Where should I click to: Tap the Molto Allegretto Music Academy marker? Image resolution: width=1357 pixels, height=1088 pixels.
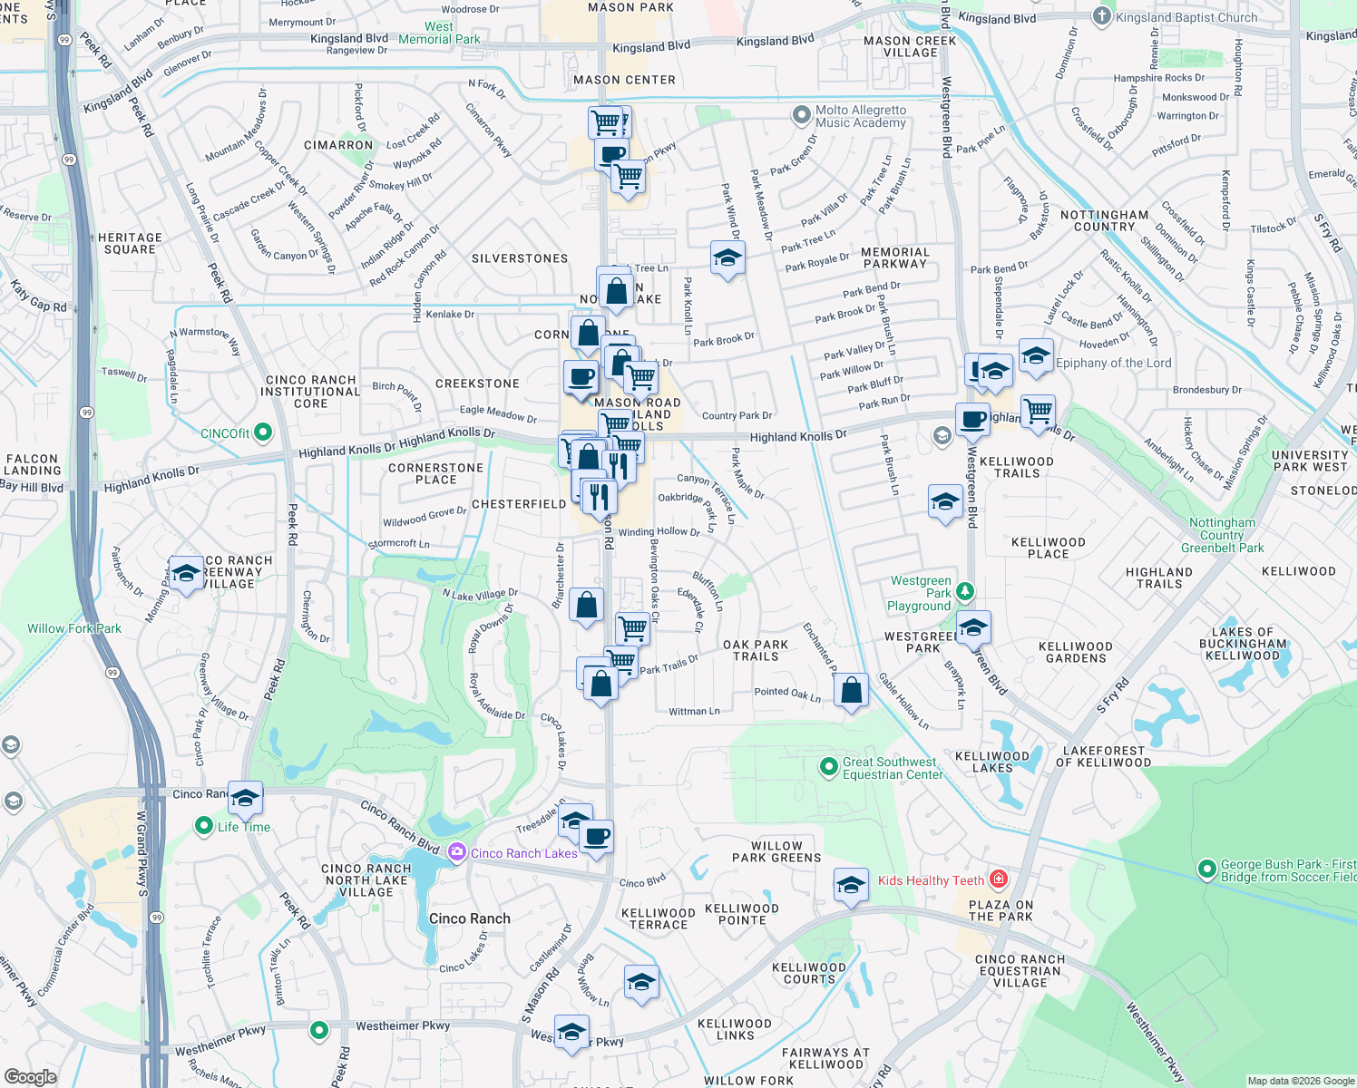coord(801,115)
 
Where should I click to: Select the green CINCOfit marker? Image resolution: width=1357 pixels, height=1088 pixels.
coord(263,432)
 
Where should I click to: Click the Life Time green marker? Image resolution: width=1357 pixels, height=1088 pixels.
coord(204,826)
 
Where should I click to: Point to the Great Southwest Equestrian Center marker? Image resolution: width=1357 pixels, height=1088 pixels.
coord(828,767)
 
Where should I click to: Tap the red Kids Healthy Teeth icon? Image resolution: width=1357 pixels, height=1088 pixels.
coord(999,879)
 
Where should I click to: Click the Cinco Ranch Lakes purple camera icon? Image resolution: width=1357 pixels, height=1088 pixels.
coord(457,851)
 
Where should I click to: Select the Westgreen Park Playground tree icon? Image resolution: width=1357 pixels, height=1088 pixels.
coord(965,592)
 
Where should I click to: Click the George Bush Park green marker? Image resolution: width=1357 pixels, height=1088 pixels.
coord(1206,869)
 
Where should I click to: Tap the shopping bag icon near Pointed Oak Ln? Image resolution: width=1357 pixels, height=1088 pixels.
coord(851,691)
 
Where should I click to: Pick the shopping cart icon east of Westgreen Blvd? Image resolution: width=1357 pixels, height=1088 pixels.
coord(1038,411)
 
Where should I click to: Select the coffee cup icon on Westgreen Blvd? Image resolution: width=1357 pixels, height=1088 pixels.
coord(972,419)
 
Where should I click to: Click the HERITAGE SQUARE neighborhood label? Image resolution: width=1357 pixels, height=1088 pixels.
coord(130,243)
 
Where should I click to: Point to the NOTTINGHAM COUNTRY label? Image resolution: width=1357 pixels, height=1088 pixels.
coord(1104,220)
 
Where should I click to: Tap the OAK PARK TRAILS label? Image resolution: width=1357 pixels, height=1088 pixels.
coord(756,650)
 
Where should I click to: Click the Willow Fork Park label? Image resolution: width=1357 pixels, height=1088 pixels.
coord(73,628)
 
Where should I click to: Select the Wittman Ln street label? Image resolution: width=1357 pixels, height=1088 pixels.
coord(694,712)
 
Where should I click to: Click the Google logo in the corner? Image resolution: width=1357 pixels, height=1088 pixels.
coord(30,1076)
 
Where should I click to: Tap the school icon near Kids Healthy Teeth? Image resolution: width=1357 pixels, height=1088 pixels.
coord(851,884)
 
